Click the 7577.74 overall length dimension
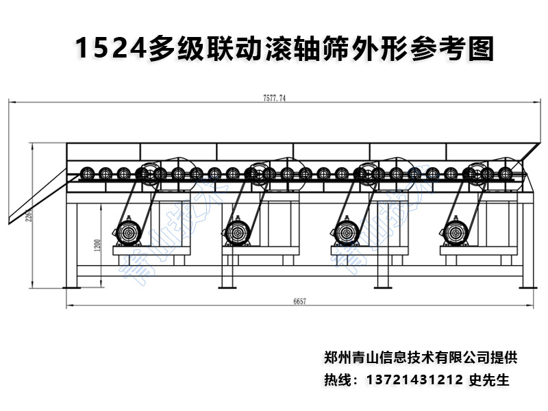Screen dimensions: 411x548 click(x=273, y=98)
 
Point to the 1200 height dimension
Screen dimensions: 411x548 click(x=97, y=245)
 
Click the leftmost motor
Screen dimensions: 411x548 click(x=128, y=232)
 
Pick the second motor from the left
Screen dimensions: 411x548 click(x=238, y=232)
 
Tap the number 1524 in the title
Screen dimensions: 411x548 click(x=109, y=49)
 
